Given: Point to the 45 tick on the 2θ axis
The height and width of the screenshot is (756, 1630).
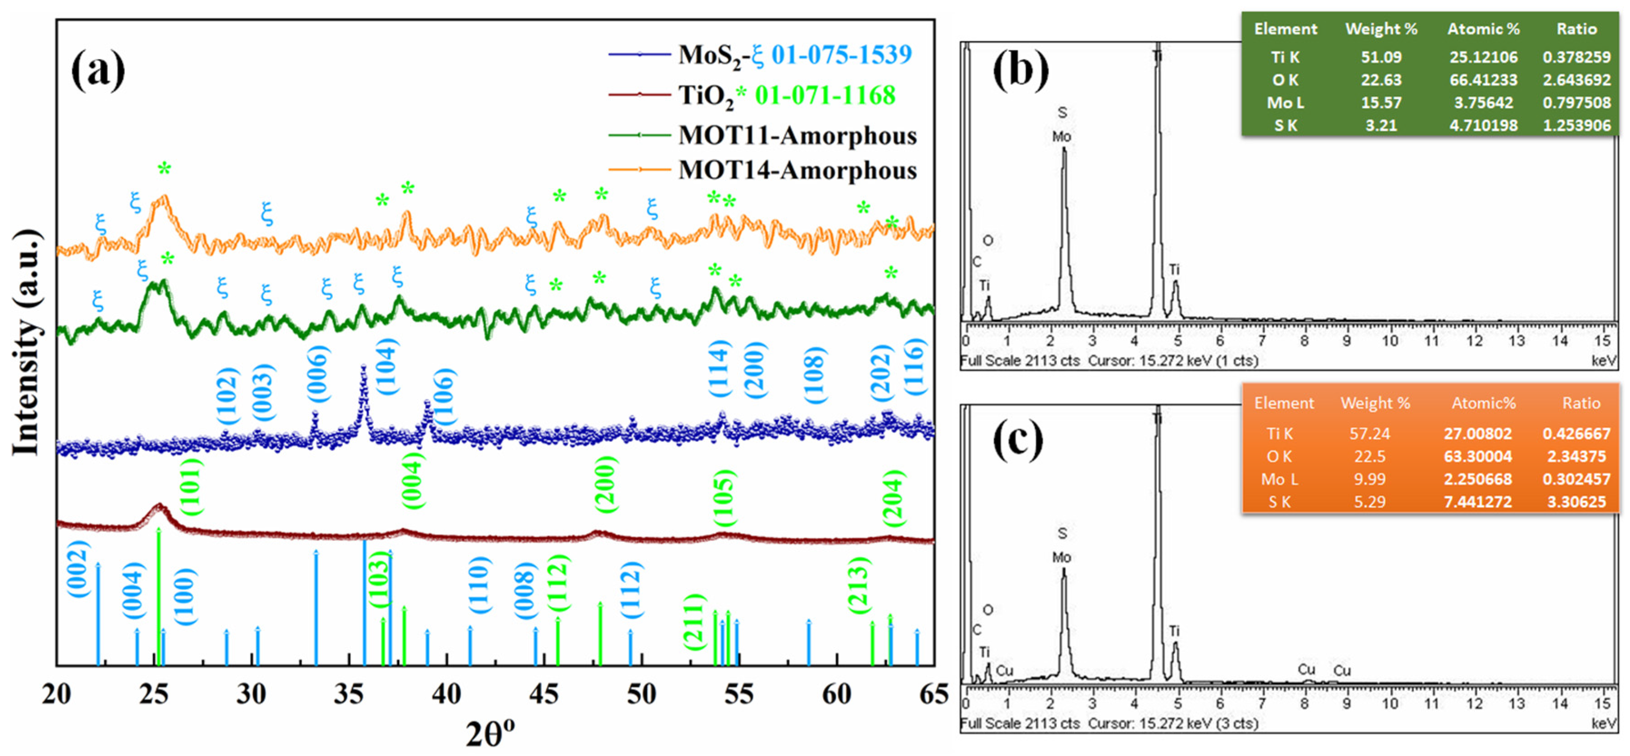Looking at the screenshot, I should (x=543, y=694).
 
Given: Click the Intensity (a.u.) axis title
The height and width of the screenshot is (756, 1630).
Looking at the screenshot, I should (x=27, y=342).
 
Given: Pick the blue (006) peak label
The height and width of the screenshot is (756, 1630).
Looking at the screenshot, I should (x=318, y=373).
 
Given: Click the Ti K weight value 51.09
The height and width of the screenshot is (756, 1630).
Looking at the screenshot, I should (x=1381, y=57).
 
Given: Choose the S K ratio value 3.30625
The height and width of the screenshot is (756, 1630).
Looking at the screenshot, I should (x=1576, y=502).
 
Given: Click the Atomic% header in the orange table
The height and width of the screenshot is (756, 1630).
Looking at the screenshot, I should (x=1483, y=403).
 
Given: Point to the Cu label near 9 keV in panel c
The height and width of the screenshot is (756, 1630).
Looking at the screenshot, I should (x=1342, y=670).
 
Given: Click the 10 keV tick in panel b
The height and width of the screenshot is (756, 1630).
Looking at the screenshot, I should (x=1389, y=340).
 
